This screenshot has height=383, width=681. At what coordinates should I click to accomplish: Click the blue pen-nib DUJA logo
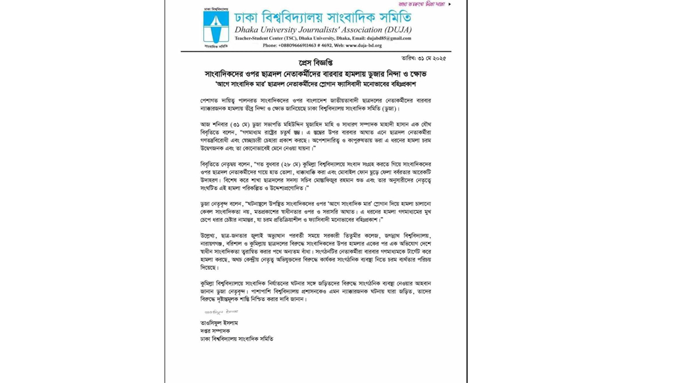(x=216, y=27)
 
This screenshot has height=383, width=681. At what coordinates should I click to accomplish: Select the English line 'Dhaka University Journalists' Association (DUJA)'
(x=323, y=30)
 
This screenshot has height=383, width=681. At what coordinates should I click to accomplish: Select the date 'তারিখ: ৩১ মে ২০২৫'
(x=423, y=58)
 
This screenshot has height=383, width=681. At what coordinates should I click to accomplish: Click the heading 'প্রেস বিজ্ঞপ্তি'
(x=315, y=63)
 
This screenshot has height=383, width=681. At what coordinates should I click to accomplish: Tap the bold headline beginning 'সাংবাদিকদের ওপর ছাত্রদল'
(x=315, y=74)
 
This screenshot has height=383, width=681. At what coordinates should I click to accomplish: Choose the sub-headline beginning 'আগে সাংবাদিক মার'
(x=315, y=84)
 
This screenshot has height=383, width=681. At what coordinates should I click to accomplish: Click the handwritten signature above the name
(x=221, y=312)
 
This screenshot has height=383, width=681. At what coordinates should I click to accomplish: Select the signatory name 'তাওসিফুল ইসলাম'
(x=219, y=323)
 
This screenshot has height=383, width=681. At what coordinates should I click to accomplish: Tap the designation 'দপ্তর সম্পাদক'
(x=215, y=331)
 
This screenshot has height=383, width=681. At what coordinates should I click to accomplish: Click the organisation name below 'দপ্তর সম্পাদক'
(x=237, y=339)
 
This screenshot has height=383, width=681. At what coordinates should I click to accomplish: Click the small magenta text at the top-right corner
(x=422, y=4)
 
